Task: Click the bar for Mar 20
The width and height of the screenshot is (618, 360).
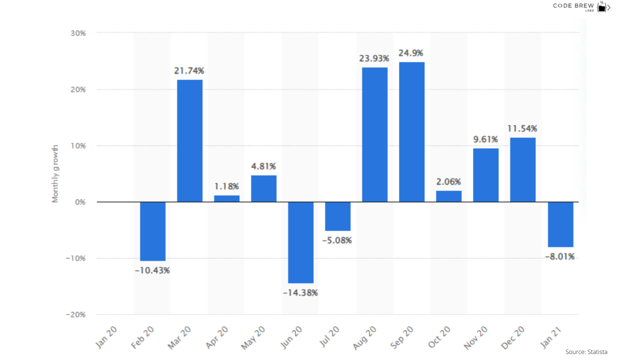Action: coord(190,141)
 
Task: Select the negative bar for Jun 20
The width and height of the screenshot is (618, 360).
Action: coord(301,242)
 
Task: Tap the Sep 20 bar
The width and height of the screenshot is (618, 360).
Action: coord(412,132)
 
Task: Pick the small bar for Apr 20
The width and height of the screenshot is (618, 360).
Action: coord(227,198)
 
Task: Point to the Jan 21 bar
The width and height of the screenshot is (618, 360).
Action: coord(560,224)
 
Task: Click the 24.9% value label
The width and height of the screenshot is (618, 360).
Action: coord(411,53)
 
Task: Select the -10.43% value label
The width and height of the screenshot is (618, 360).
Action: coord(153,270)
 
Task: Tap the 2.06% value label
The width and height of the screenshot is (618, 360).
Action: coord(448,181)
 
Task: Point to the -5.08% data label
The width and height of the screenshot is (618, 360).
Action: coord(338,240)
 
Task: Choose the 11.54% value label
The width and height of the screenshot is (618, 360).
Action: coord(522,128)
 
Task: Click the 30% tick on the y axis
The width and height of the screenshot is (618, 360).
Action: coord(78,33)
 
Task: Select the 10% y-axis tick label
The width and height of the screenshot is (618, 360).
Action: coord(78,146)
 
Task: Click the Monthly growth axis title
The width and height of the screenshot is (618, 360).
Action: coord(56,173)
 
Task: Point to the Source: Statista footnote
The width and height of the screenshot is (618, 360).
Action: coord(586,352)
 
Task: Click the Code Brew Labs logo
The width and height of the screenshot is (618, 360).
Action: coord(581,6)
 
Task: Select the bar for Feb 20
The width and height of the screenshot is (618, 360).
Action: coord(153,231)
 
